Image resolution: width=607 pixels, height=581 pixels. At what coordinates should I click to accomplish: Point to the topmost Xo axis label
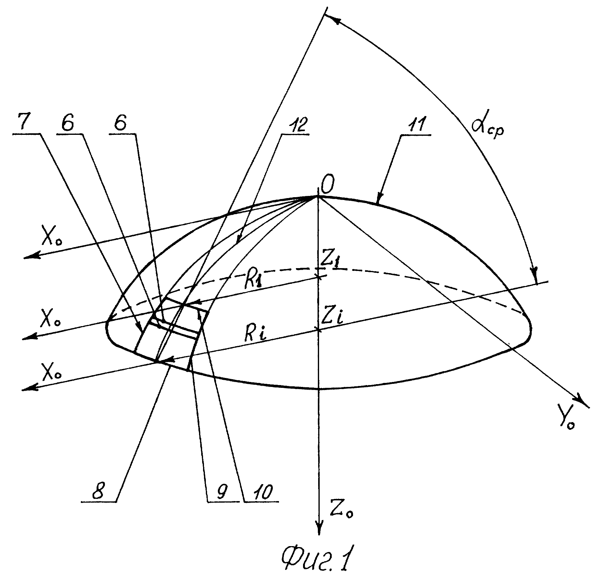[52, 237]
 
